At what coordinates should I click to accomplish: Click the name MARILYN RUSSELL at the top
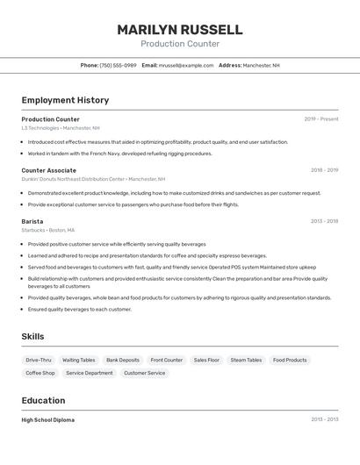(179, 30)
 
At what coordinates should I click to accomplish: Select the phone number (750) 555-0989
(118, 65)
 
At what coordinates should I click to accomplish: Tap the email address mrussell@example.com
(185, 65)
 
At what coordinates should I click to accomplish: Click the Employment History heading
(65, 100)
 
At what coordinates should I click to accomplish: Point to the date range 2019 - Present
(321, 119)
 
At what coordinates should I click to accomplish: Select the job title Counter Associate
(48, 170)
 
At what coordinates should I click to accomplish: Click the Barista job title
(32, 221)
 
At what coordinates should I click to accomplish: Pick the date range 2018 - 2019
(324, 170)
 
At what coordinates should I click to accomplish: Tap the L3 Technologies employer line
(61, 128)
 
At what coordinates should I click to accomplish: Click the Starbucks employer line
(47, 230)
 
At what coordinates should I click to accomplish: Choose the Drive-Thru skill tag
(39, 360)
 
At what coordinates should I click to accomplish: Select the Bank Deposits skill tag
(123, 360)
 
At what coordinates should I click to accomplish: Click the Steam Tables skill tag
(246, 360)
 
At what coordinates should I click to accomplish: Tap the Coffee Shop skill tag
(40, 373)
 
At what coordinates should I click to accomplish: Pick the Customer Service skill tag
(144, 373)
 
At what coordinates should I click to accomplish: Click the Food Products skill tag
(290, 360)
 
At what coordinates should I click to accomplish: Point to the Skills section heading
(32, 336)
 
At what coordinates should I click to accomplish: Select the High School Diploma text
(48, 420)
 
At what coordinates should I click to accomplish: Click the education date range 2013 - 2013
(324, 420)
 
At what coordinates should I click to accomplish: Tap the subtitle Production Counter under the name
(179, 44)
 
